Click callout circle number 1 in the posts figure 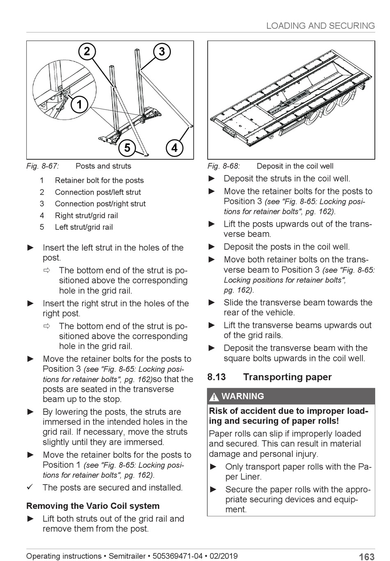tap(79, 104)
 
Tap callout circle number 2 tap(87, 51)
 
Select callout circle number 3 tap(162, 51)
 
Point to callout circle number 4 tap(174, 147)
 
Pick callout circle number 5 tap(127, 147)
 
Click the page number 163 tap(366, 556)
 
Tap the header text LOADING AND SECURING tap(320, 26)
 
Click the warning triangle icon tap(214, 397)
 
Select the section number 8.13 tap(217, 377)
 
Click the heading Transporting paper tap(287, 377)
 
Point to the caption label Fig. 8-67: tap(43, 166)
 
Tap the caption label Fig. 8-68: tap(224, 166)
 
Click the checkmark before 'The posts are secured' tap(30, 487)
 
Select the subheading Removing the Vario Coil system tap(93, 506)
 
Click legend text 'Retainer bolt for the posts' tap(99, 180)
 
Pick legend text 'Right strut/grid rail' tap(86, 216)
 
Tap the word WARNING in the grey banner tap(243, 396)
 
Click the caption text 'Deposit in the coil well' tap(295, 166)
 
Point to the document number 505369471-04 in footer tap(177, 556)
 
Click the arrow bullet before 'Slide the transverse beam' tap(212, 303)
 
